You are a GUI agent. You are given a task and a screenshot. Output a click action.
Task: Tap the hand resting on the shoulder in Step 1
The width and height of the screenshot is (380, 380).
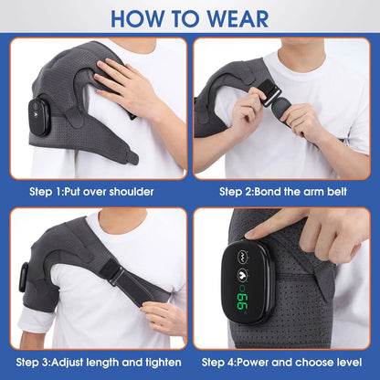click(x=128, y=87)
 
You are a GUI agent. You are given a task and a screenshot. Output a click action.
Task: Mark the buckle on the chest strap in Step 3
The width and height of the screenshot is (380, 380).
click(x=117, y=275)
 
